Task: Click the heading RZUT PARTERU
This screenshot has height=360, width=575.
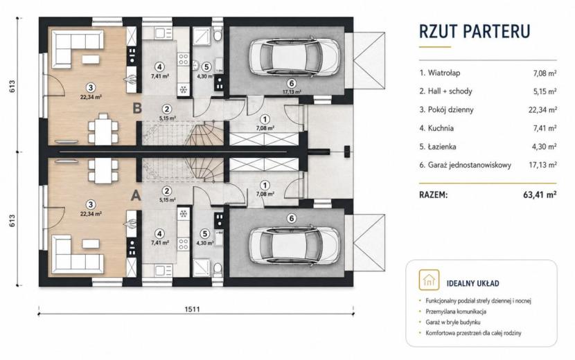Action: [x=475, y=31]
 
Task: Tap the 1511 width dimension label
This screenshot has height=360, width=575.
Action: [x=192, y=309]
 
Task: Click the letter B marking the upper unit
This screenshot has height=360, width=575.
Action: [x=137, y=108]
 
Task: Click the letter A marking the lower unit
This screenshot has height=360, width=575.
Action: [x=136, y=195]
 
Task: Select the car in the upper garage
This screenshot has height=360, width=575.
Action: [x=294, y=57]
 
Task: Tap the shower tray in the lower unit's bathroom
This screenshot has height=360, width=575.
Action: [x=202, y=267]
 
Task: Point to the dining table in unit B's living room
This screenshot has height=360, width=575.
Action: [x=103, y=129]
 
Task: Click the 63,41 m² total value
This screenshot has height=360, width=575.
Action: [x=540, y=195]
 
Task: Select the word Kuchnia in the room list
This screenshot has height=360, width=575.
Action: [x=441, y=128]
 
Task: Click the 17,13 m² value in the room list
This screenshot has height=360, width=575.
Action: [x=542, y=165]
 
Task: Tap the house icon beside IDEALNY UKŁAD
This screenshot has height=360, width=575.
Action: [x=429, y=280]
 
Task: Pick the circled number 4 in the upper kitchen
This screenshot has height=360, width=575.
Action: [x=159, y=67]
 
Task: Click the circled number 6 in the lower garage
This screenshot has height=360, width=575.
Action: [x=292, y=219]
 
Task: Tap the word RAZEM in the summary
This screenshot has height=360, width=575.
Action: [x=433, y=195]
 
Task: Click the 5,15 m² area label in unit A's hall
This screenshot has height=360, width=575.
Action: [x=167, y=200]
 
